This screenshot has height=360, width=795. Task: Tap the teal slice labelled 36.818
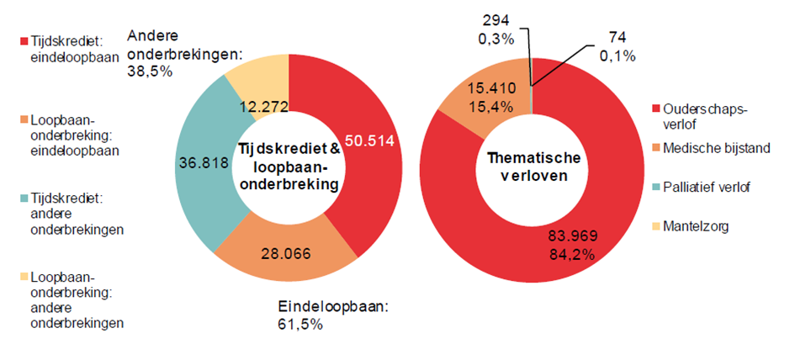[x=200, y=164]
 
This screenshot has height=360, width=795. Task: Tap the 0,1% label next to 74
[x=617, y=56]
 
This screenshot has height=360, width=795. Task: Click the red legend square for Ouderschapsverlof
[x=656, y=110]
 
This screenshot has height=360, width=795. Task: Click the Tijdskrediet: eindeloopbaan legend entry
[x=72, y=49]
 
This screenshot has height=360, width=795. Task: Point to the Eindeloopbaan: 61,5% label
[x=333, y=315]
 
